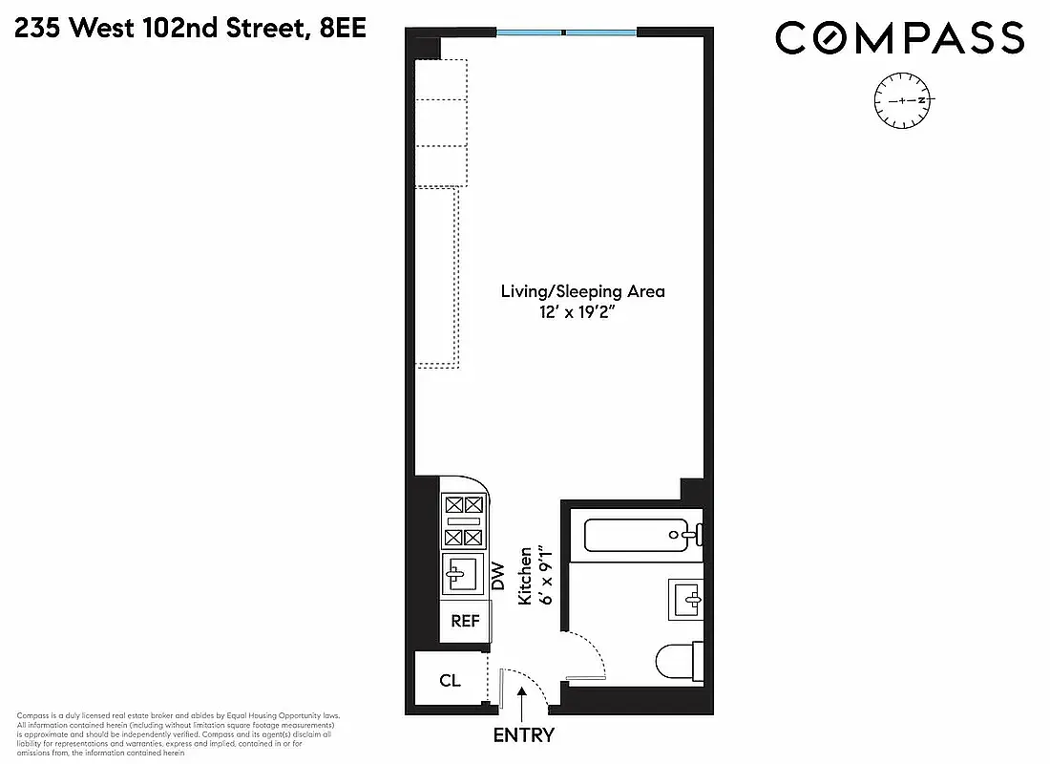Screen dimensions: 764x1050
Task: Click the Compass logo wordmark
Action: click(899, 38)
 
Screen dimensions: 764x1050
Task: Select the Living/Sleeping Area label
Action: click(582, 291)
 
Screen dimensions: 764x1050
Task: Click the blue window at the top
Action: click(566, 33)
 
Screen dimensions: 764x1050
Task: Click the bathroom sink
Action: click(687, 600)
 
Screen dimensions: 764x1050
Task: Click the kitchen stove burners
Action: click(464, 520)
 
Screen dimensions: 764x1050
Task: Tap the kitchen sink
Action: click(464, 575)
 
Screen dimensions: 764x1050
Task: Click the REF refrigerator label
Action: click(465, 621)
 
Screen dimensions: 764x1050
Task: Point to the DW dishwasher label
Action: click(497, 575)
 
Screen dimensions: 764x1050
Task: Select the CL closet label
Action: click(450, 681)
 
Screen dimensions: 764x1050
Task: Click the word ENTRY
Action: click(523, 735)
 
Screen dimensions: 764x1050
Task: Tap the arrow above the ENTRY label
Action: click(523, 703)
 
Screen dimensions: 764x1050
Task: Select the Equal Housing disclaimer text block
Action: click(177, 734)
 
